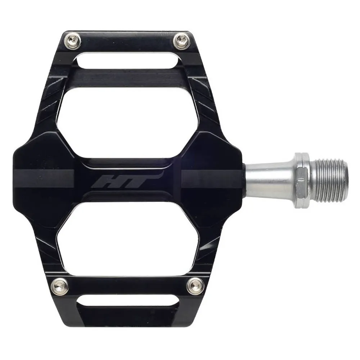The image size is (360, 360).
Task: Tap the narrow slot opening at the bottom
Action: pos(126,301)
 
